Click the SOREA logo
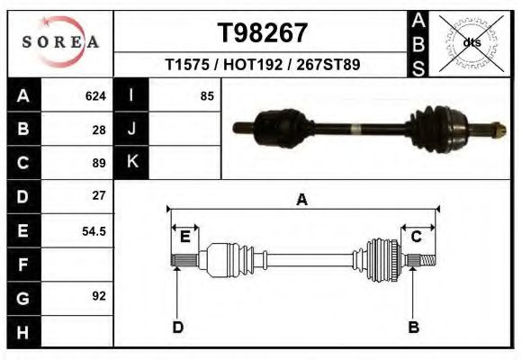[60, 42]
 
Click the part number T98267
[262, 32]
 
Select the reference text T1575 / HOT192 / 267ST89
[262, 66]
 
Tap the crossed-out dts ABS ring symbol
[472, 42]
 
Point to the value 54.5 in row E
[94, 230]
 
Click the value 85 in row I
[207, 96]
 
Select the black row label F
[22, 265]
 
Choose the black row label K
[131, 162]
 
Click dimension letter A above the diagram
[301, 200]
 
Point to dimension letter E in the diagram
[184, 237]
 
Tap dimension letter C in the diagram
[417, 237]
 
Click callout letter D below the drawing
[177, 327]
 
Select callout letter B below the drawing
[414, 327]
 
